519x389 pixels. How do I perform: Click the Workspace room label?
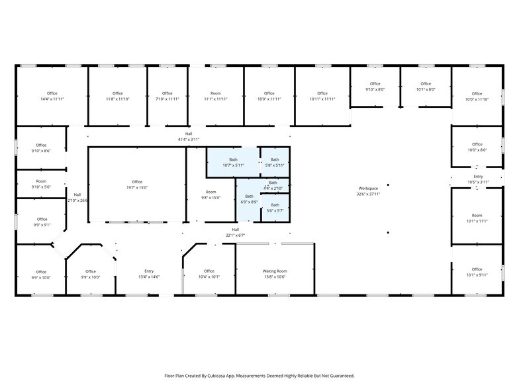point(369,191)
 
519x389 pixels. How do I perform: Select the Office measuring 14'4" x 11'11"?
point(52,96)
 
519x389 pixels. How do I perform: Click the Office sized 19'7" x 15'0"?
point(137,185)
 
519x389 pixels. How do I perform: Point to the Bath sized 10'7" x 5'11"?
point(233,162)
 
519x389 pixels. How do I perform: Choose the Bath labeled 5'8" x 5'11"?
point(275,162)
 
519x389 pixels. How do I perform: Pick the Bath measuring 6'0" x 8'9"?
point(249,199)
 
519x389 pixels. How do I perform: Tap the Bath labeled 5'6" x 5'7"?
point(275,208)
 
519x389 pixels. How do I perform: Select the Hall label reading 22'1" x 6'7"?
point(235,232)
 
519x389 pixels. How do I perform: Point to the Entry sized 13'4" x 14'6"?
point(149,274)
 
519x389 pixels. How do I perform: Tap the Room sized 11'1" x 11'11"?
point(216,96)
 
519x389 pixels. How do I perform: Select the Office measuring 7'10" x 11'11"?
point(167,96)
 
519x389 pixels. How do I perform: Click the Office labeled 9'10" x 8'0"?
point(375,87)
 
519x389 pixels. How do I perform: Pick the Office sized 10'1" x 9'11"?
point(477,272)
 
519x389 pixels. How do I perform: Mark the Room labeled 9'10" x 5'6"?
point(41,184)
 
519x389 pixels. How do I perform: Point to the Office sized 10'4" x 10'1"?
point(209,274)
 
